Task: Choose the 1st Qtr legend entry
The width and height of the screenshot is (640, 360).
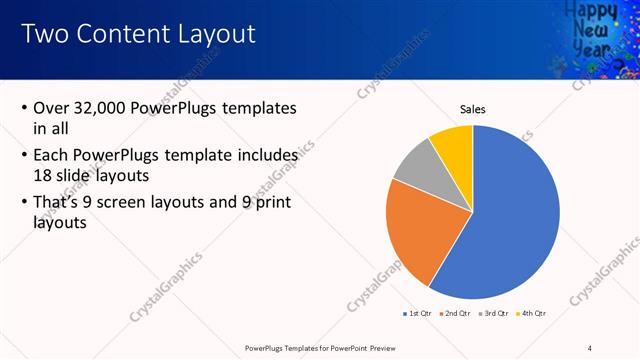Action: (x=418, y=313)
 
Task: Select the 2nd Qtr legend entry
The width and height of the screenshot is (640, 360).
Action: (x=456, y=313)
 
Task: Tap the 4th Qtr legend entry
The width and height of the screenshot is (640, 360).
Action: (x=532, y=313)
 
